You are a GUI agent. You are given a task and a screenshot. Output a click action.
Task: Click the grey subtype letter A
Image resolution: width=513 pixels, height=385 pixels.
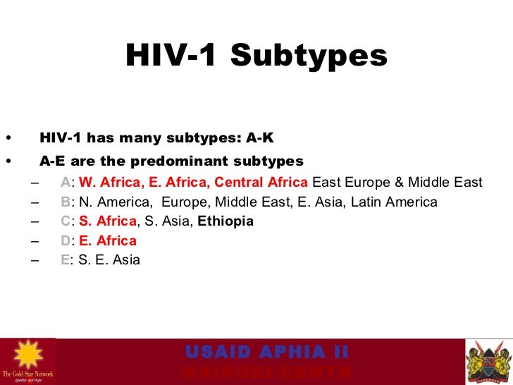pyautogui.click(x=65, y=183)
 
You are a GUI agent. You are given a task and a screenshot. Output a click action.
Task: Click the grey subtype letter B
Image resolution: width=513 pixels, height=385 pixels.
pyautogui.click(x=65, y=202)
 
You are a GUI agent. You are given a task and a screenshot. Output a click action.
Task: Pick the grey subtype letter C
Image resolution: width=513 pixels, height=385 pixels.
pyautogui.click(x=65, y=221)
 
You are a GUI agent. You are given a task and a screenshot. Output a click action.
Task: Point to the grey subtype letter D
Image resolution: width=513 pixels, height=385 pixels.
pyautogui.click(x=65, y=240)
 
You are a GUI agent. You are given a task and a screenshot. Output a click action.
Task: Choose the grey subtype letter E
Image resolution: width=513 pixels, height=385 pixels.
pyautogui.click(x=65, y=259)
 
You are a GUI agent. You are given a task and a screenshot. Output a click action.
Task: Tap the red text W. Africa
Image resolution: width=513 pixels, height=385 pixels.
pyautogui.click(x=106, y=183)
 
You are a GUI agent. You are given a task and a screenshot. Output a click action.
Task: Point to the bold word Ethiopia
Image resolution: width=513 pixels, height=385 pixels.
pyautogui.click(x=225, y=221)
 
